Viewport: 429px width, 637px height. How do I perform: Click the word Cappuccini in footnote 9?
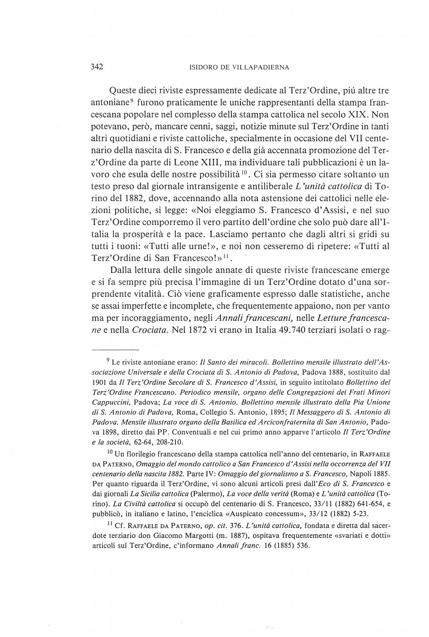(110, 402)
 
